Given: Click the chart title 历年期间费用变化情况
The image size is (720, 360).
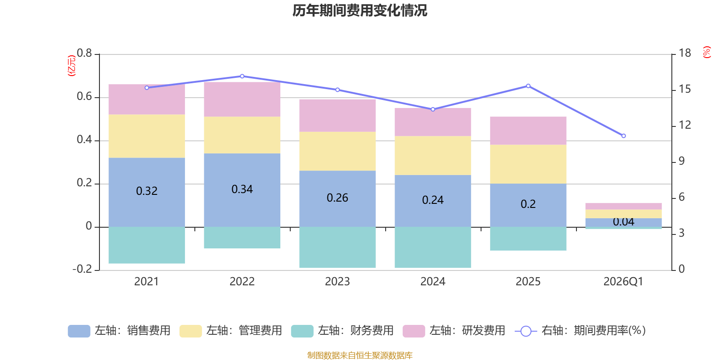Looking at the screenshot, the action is tap(360, 11).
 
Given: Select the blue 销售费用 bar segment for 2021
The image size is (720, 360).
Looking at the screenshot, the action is tap(147, 192).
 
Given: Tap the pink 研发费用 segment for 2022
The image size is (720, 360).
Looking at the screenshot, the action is tap(242, 99).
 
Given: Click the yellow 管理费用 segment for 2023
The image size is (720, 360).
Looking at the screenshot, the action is tap(337, 151).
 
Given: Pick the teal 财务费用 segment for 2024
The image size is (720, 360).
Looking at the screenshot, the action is tap(433, 247).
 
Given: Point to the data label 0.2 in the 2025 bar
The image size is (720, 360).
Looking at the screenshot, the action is tap(528, 204).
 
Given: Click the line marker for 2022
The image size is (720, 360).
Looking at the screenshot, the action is tap(242, 76).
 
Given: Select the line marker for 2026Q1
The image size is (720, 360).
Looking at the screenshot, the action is tap(624, 136).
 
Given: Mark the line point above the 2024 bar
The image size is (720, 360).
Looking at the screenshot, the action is tap(433, 109).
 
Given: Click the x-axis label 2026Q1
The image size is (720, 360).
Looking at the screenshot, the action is tap(623, 282).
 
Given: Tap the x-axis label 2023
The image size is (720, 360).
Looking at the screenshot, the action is tap(337, 282).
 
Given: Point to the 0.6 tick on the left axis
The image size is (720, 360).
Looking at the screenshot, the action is tap(84, 96).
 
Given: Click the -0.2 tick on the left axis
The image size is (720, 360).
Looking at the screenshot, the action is tap(82, 269).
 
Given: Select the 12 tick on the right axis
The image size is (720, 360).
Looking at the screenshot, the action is tap(684, 125).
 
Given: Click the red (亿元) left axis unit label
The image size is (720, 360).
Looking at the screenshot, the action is tap(72, 66).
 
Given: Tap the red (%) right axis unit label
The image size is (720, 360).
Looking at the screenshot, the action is tap(706, 52).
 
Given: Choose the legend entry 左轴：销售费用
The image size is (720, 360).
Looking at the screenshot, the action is tap(119, 331).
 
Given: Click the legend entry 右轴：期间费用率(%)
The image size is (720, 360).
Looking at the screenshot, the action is tap(580, 331).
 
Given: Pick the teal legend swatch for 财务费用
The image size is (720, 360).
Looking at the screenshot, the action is tap(302, 331).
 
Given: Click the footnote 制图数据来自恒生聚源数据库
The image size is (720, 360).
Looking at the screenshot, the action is tap(360, 355).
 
